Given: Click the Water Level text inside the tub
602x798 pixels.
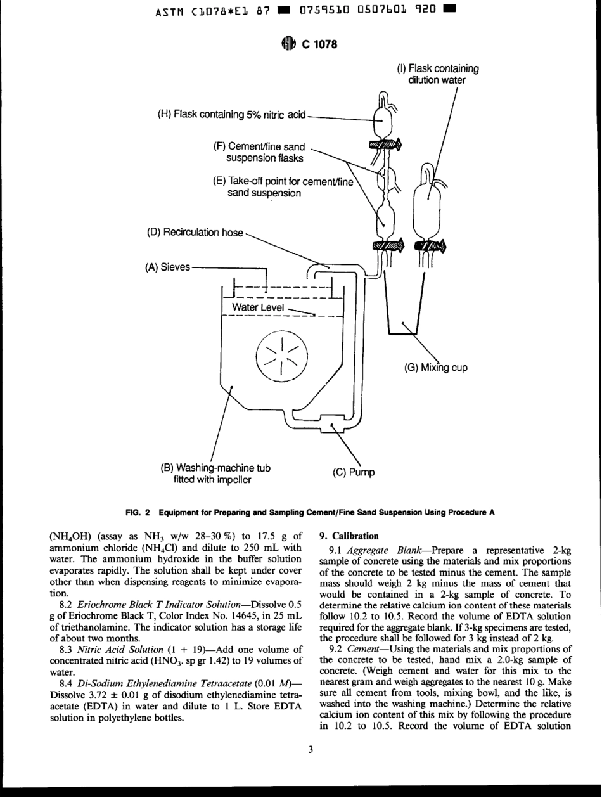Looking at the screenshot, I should point(258,307).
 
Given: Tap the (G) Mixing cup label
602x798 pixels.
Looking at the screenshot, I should point(436,367).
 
